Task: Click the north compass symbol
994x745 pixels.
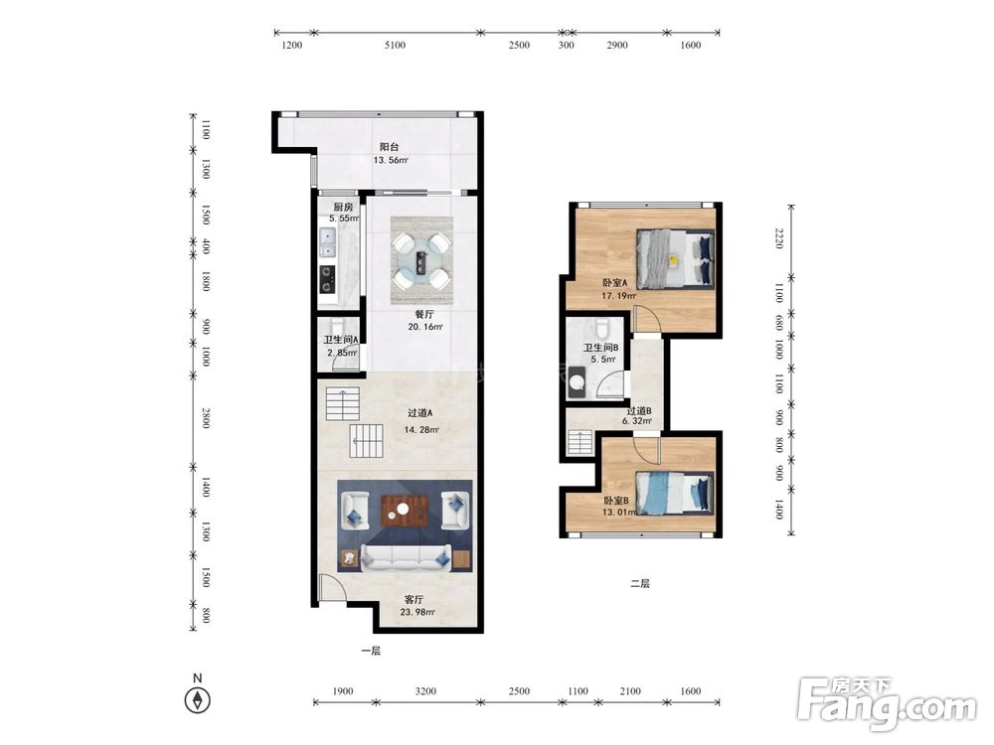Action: coord(197,700)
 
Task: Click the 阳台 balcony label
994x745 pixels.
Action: coord(390,147)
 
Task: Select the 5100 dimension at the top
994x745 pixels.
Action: coord(395,45)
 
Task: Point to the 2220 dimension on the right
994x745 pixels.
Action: coord(779,238)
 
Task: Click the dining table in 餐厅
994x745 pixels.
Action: coord(421,261)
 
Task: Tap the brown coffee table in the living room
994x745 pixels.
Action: coord(405,511)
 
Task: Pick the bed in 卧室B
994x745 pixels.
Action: coord(675,493)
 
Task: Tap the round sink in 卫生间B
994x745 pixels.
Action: coord(577,382)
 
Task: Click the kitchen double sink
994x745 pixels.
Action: coord(328,242)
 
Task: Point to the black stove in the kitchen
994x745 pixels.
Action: coord(327,279)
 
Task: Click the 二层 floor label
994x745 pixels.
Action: coord(640,583)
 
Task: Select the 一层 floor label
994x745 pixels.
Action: coord(371,651)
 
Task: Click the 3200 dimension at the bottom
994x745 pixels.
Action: coord(425,691)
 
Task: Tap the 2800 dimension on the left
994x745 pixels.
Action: coord(206,418)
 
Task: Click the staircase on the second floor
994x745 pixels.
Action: coord(580,442)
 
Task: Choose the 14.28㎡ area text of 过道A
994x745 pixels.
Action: coord(421,429)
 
